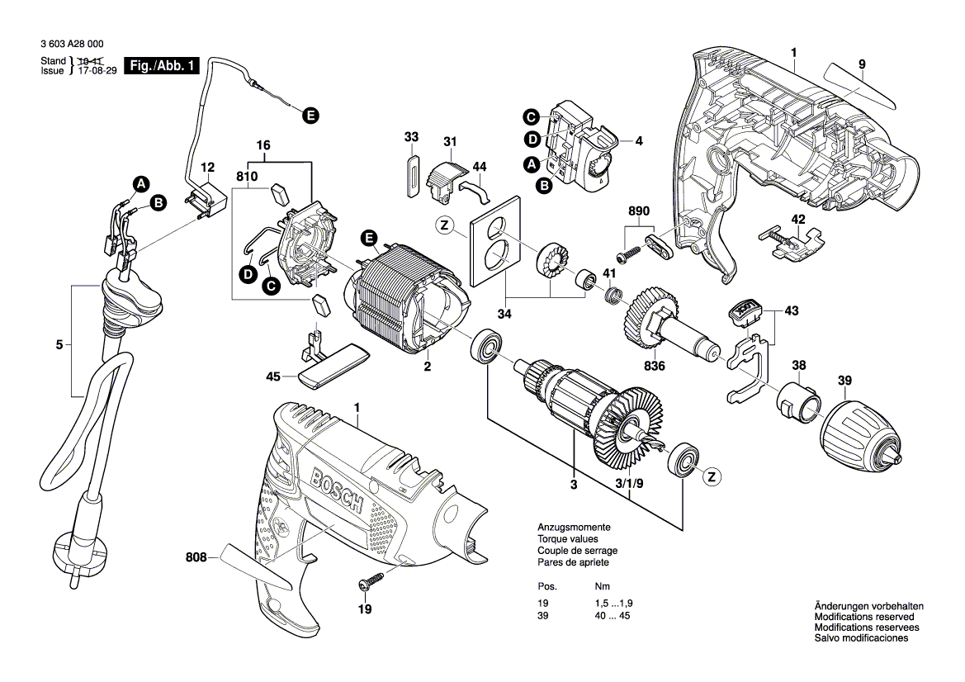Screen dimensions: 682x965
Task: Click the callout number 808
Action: click(196, 559)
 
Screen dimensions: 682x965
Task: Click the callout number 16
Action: click(263, 145)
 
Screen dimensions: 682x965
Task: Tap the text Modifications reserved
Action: click(863, 617)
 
